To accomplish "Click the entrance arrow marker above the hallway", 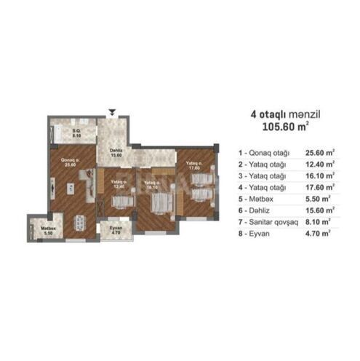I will click(111, 111).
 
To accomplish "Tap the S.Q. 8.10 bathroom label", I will click(76, 133).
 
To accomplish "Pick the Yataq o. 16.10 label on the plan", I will click(151, 184).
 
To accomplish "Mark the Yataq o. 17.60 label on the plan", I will click(193, 165).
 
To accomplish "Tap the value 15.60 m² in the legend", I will click(320, 210).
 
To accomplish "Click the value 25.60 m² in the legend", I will click(320, 153).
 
